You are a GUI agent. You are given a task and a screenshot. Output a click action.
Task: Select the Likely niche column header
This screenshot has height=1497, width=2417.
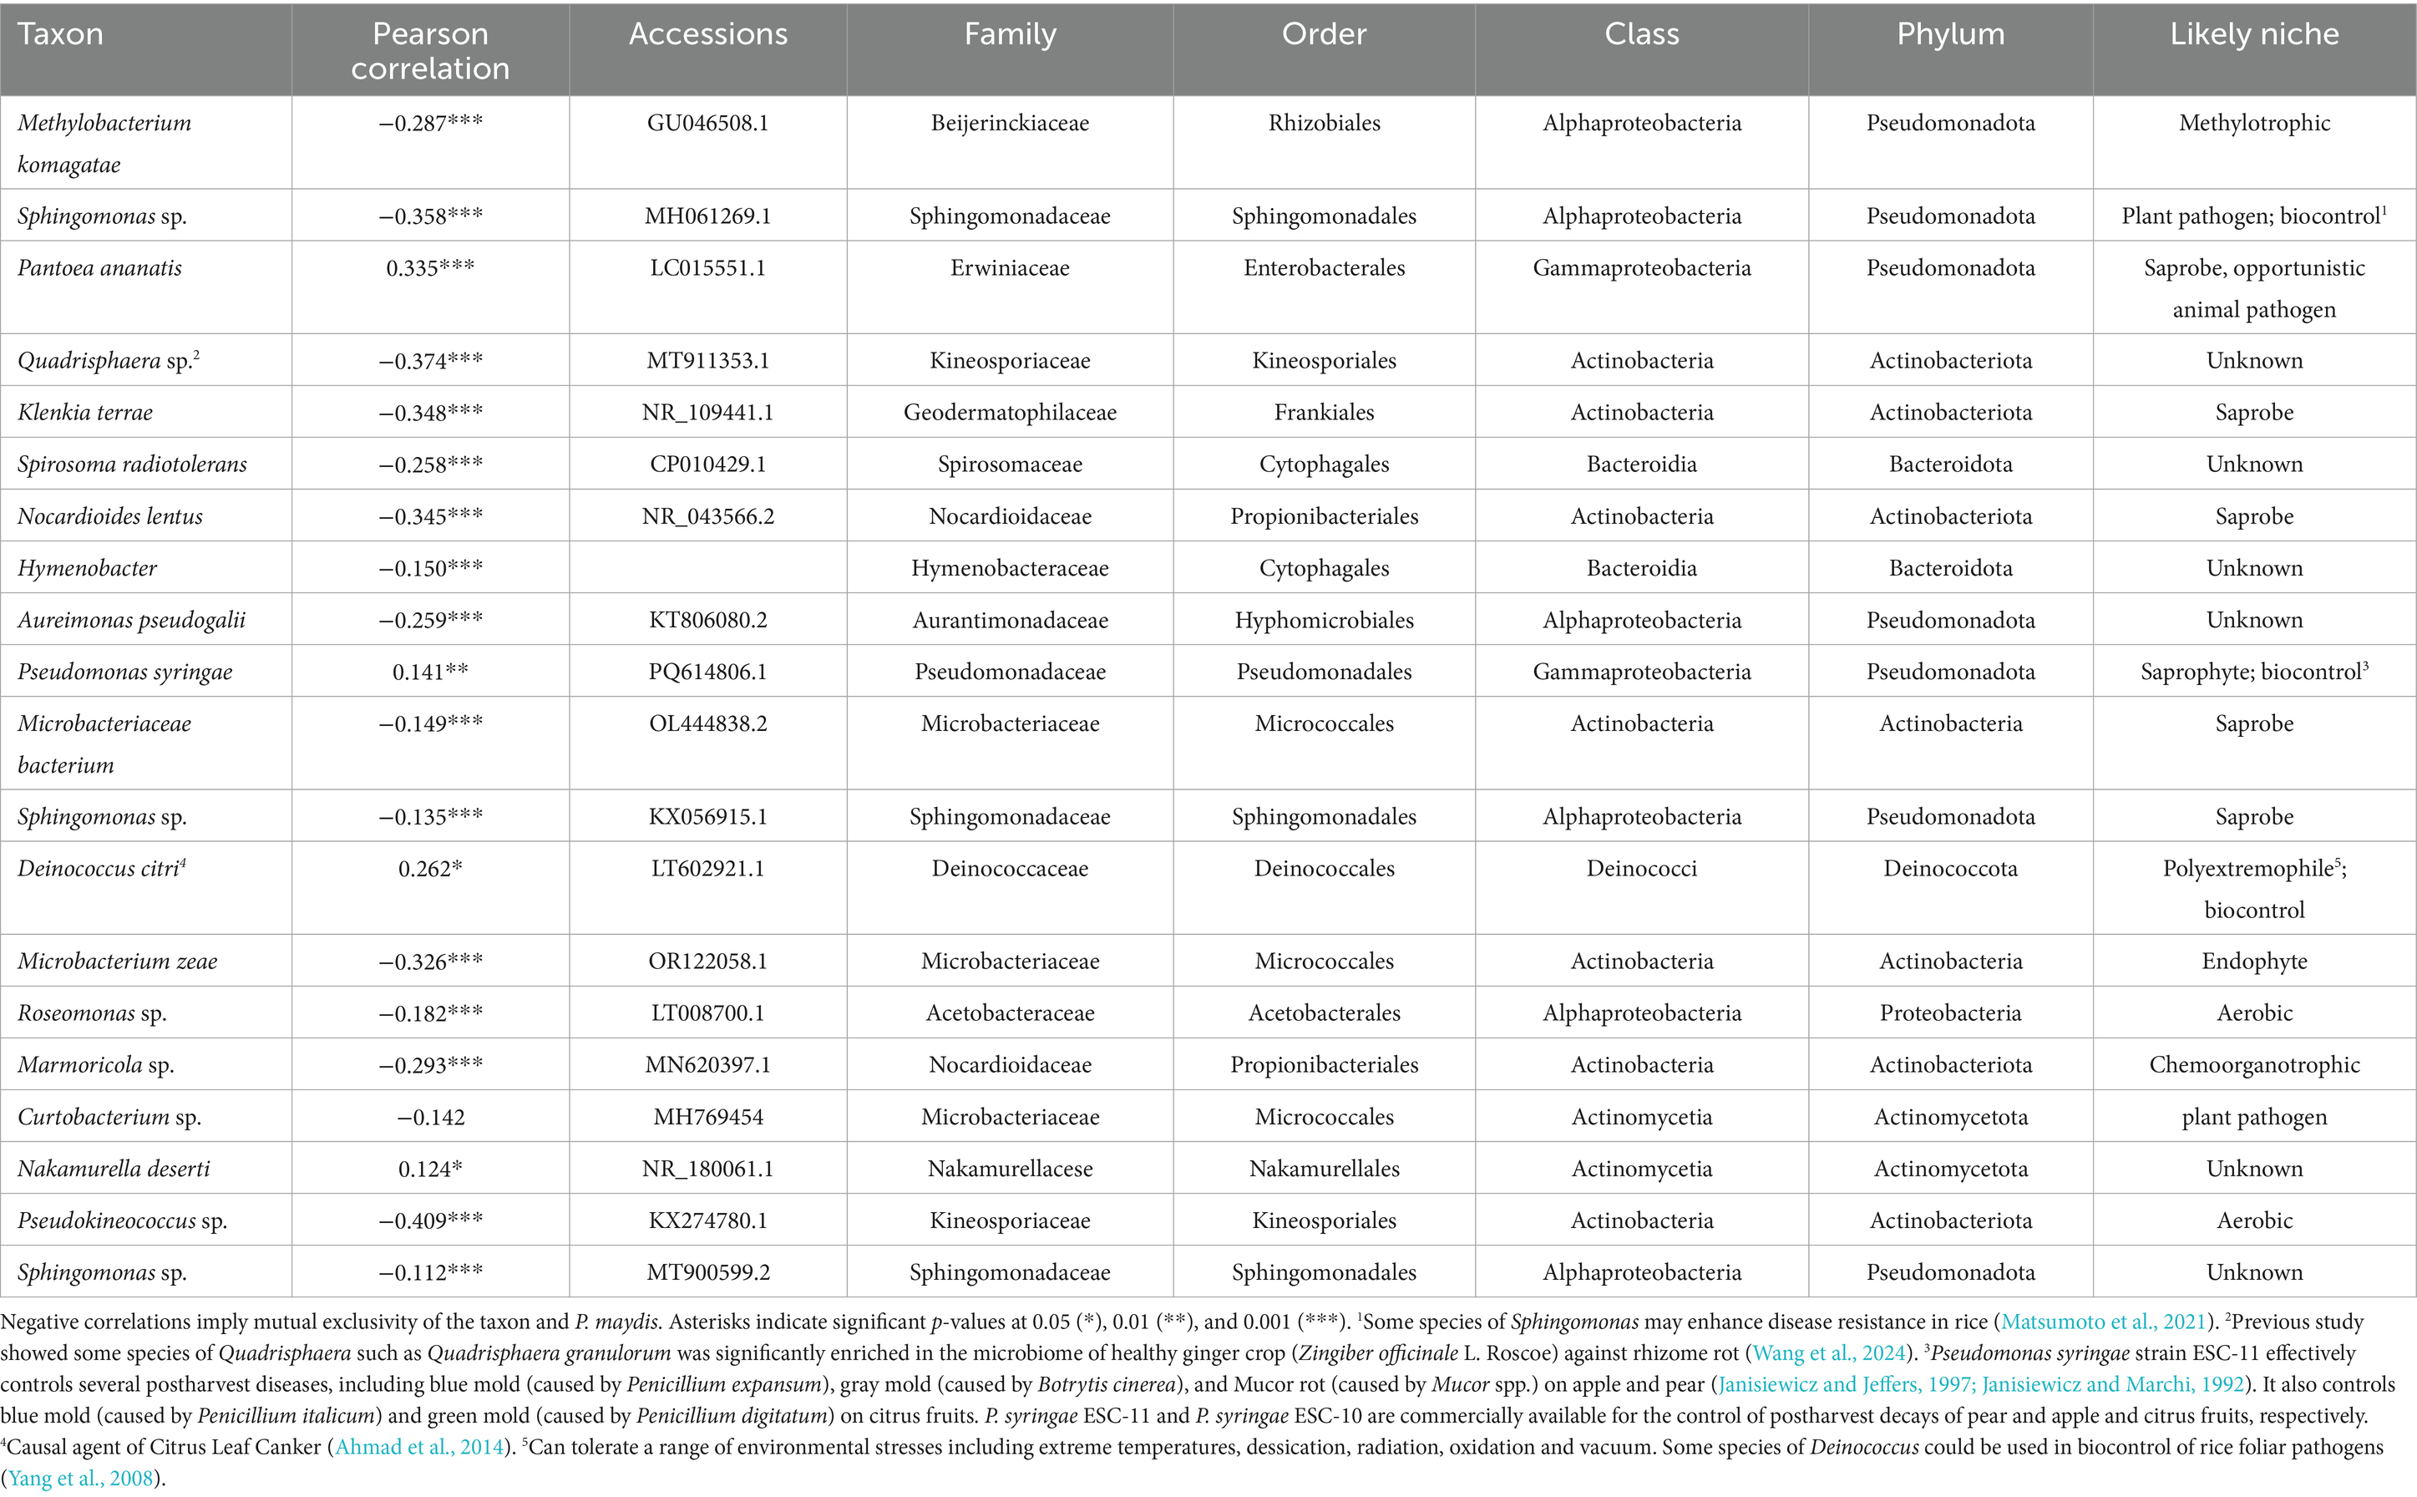(2253, 34)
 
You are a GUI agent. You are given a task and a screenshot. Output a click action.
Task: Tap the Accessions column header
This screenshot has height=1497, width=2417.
(707, 34)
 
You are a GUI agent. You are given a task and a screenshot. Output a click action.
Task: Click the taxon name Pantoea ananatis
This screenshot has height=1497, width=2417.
(100, 268)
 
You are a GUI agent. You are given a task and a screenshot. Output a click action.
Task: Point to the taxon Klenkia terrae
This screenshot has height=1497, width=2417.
(85, 413)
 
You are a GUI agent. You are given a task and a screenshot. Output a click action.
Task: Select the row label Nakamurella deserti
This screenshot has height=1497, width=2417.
(114, 1170)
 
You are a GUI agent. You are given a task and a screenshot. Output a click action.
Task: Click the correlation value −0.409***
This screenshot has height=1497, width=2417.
(431, 1220)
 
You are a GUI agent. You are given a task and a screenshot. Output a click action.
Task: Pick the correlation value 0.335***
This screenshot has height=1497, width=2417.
(431, 268)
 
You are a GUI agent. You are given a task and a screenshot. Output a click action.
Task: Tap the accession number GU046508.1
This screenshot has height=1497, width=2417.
(707, 124)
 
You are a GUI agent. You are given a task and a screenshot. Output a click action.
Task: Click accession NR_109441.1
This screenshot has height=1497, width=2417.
(707, 413)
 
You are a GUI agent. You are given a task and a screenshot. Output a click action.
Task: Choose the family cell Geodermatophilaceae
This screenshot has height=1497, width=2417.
(1010, 413)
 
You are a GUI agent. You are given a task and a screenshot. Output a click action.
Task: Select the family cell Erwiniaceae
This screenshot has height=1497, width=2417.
(1010, 268)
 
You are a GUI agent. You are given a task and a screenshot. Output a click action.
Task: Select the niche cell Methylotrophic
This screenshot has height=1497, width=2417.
(2253, 124)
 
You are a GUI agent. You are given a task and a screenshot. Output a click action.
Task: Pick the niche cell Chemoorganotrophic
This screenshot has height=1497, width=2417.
(2253, 1065)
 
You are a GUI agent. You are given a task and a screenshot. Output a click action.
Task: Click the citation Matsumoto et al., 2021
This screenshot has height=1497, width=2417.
(2103, 1322)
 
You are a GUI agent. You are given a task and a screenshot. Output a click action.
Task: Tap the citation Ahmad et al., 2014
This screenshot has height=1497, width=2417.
(419, 1448)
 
